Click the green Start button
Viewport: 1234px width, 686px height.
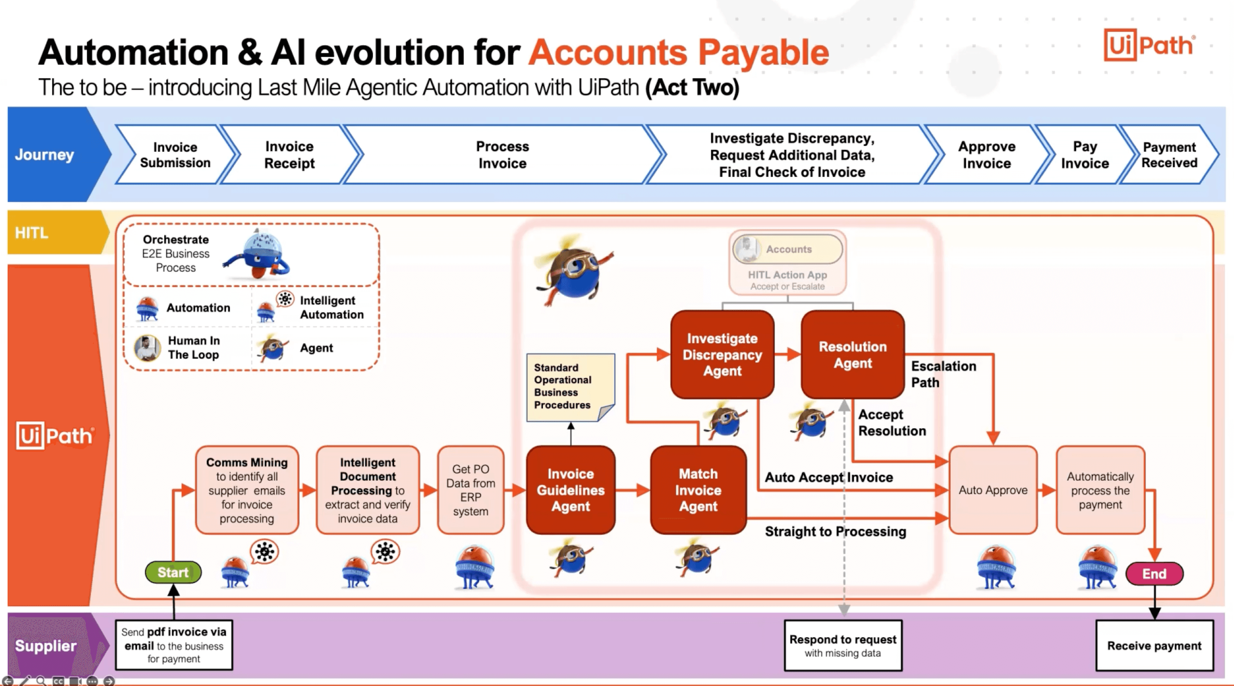pyautogui.click(x=173, y=572)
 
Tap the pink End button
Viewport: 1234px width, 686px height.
pyautogui.click(x=1154, y=574)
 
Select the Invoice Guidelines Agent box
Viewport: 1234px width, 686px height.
pyautogui.click(x=571, y=490)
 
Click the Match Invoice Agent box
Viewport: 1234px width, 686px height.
pyautogui.click(x=698, y=490)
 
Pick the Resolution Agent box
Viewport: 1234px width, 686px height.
pyautogui.click(x=853, y=355)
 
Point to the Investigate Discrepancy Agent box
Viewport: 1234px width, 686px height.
pyautogui.click(x=722, y=355)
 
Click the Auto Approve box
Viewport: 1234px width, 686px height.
pyautogui.click(x=993, y=490)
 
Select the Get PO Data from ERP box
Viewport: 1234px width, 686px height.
pyautogui.click(x=471, y=490)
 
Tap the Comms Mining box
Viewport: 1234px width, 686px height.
pyautogui.click(x=247, y=490)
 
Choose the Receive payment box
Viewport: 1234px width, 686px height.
pyautogui.click(x=1154, y=645)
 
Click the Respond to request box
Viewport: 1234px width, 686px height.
pyautogui.click(x=842, y=645)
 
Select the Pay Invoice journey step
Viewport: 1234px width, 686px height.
pyautogui.click(x=1085, y=154)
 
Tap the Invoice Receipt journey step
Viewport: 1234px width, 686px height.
pyautogui.click(x=289, y=154)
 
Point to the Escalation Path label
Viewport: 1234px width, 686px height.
pyautogui.click(x=943, y=374)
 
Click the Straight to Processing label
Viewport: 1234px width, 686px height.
pyautogui.click(x=835, y=531)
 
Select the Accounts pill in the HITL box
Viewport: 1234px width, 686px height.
pyautogui.click(x=788, y=249)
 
